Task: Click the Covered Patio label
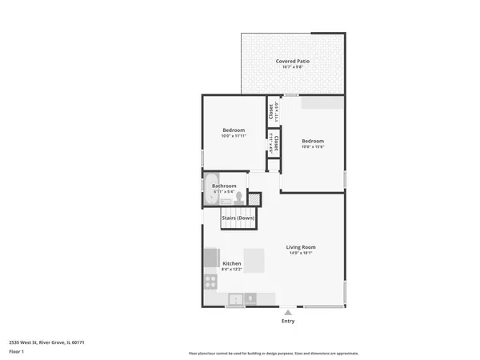pos(293,61)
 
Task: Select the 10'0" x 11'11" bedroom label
pos(233,136)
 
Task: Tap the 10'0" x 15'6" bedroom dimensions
pos(313,146)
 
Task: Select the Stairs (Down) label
pos(238,218)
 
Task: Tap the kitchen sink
pos(236,300)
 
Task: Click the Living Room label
pos(301,247)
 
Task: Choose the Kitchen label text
pos(232,263)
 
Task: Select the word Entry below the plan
pos(288,322)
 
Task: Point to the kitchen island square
pos(254,260)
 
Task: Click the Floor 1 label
pos(17,352)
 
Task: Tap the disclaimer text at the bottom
pos(274,353)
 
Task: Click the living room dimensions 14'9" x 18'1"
pos(301,254)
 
